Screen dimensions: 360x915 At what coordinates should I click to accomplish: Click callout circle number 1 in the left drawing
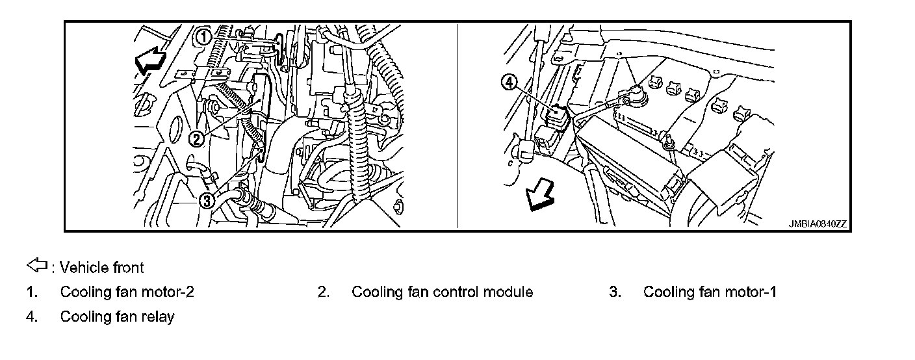tap(204, 37)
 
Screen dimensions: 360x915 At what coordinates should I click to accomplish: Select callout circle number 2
tap(197, 137)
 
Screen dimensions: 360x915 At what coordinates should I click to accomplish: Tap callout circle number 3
tap(206, 200)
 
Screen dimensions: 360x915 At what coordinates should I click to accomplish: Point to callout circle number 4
tap(509, 82)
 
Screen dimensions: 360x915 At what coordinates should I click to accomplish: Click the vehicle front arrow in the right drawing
tap(540, 195)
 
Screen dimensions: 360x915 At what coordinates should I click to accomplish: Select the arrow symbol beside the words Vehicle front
tap(36, 265)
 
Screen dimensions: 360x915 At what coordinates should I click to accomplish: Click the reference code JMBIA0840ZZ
tap(818, 224)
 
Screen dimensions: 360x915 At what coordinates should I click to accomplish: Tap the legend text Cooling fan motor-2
tap(127, 292)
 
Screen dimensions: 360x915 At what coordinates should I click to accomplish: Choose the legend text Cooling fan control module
tap(442, 292)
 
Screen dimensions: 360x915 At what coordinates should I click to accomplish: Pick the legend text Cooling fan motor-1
tap(710, 292)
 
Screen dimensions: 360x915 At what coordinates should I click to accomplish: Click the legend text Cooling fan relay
tap(117, 316)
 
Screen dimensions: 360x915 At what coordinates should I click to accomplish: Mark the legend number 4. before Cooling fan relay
tap(32, 316)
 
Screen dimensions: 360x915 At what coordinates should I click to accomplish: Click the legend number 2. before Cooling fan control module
tap(324, 292)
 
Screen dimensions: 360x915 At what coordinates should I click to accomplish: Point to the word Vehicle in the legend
tap(81, 267)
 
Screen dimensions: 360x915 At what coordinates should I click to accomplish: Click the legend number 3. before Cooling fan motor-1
tap(615, 292)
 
